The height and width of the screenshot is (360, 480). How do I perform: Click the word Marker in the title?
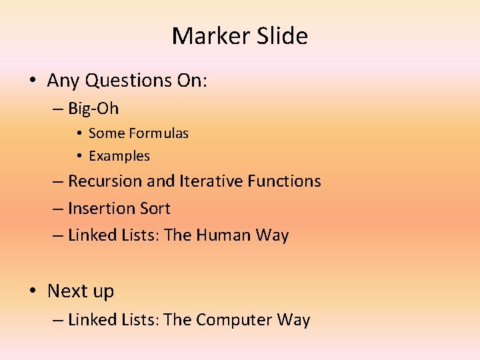[205, 36]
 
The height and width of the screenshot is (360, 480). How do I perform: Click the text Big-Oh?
[93, 108]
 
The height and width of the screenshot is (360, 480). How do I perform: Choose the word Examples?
[119, 156]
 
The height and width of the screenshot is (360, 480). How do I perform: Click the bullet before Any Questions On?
[33, 81]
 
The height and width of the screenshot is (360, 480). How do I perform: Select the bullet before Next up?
[33, 292]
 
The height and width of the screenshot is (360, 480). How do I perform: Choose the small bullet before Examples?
[78, 157]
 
